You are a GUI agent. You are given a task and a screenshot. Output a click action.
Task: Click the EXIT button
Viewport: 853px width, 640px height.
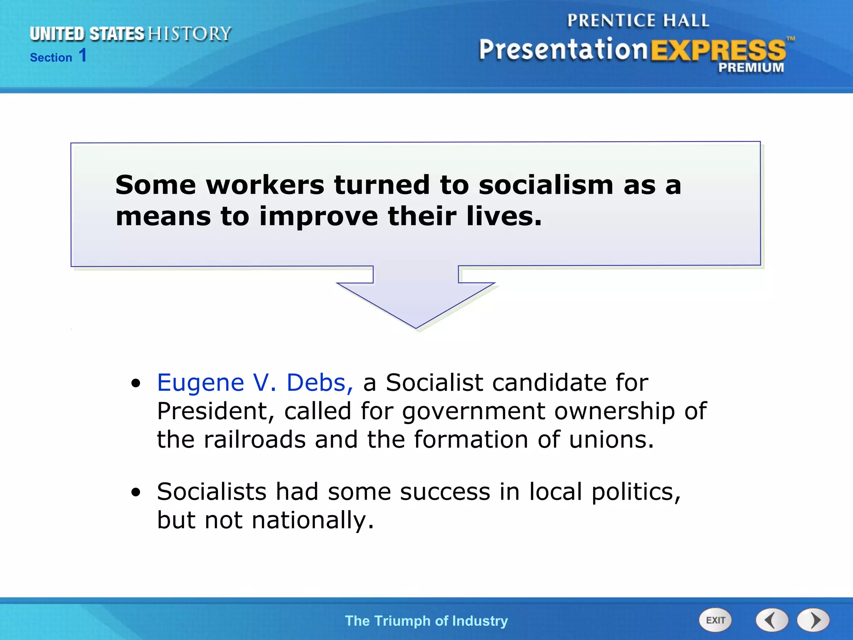point(715,620)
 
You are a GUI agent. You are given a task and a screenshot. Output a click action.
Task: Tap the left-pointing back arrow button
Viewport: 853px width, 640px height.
point(771,620)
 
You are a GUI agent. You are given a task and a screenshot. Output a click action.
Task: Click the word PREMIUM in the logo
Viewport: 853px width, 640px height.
point(751,67)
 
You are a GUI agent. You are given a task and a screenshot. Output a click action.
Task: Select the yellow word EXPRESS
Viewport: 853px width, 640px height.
point(718,51)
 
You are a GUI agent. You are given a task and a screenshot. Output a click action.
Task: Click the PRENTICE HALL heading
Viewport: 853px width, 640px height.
point(638,20)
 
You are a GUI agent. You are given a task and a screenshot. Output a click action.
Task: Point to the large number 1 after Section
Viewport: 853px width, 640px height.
point(83,55)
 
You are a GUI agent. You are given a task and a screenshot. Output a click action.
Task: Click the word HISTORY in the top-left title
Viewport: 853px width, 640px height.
point(190,34)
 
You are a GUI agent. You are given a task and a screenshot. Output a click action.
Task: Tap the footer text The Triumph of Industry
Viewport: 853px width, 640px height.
point(426,620)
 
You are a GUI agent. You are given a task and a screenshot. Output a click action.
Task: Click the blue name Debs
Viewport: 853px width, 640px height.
point(319,382)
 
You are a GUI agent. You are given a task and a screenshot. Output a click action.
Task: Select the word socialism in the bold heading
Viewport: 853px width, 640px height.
point(546,185)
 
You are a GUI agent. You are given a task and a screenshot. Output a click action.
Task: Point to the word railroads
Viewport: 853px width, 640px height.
point(254,440)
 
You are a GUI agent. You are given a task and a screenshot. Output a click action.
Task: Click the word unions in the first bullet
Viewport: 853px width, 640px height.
point(611,440)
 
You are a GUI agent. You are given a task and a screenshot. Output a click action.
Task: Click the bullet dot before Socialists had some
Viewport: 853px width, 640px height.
point(136,492)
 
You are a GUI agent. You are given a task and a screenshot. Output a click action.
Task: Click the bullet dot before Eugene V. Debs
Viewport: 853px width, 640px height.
point(136,383)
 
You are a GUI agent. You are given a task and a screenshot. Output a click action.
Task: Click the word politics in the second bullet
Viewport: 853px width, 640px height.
point(635,492)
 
